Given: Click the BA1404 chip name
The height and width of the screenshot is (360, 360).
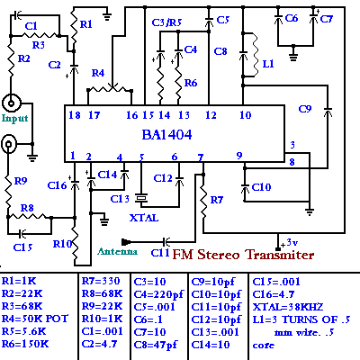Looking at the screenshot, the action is [166, 135].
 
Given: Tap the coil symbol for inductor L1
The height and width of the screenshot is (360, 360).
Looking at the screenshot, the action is [255, 55].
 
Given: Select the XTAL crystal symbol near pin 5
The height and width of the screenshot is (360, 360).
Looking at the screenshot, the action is [141, 198].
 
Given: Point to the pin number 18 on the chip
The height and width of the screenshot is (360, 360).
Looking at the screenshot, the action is [75, 115].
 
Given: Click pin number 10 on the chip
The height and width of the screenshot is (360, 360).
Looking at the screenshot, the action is [246, 114].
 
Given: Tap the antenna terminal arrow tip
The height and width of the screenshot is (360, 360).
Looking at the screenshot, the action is [122, 241].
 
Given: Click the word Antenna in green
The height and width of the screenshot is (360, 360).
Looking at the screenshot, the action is [117, 251].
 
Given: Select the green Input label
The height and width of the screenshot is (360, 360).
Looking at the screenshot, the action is [14, 119].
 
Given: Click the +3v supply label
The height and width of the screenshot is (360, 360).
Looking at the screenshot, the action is [289, 242].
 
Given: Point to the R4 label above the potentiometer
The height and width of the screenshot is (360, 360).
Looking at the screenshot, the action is [98, 73].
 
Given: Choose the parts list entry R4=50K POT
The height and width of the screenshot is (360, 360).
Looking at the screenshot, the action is [35, 319].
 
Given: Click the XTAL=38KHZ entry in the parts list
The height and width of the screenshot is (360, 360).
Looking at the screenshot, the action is [288, 307].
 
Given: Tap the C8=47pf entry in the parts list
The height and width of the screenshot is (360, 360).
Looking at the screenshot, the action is [156, 345].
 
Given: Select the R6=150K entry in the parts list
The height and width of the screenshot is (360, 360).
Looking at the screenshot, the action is [25, 344].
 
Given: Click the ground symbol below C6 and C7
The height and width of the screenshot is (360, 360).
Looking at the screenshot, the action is [293, 54].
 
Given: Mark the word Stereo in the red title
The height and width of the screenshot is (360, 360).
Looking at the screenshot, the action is [219, 255].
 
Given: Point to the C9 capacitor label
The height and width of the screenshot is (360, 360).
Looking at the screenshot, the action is [305, 109].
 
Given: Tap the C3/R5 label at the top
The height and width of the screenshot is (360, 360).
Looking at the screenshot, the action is [166, 22].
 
